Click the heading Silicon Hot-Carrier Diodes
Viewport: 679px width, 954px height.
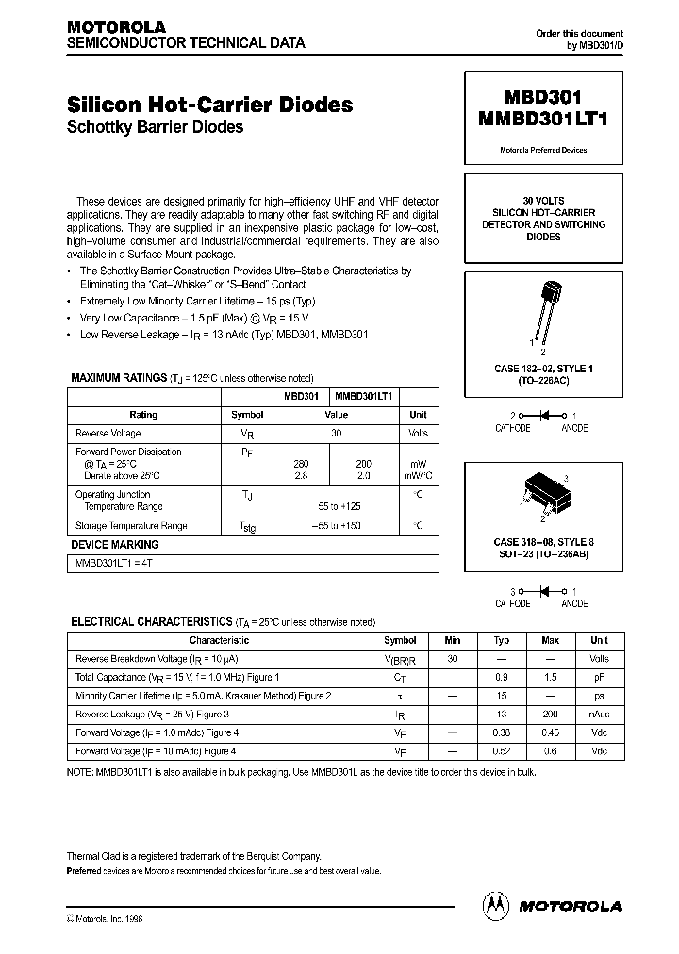coord(210,105)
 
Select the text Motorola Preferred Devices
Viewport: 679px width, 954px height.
coord(542,150)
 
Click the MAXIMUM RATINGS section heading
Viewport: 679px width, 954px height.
coord(119,378)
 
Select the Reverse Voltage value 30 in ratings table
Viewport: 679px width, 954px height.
coord(336,434)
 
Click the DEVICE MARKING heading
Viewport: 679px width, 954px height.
coord(115,545)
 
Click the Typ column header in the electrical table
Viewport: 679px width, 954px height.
coord(502,640)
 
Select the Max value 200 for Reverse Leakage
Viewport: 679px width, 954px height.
coord(551,715)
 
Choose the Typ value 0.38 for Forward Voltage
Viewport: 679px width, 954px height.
coord(502,733)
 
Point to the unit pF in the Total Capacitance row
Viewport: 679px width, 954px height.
coord(600,678)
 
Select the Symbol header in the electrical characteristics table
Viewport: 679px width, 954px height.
coord(401,640)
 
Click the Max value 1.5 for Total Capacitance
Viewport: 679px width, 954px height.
coord(551,678)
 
